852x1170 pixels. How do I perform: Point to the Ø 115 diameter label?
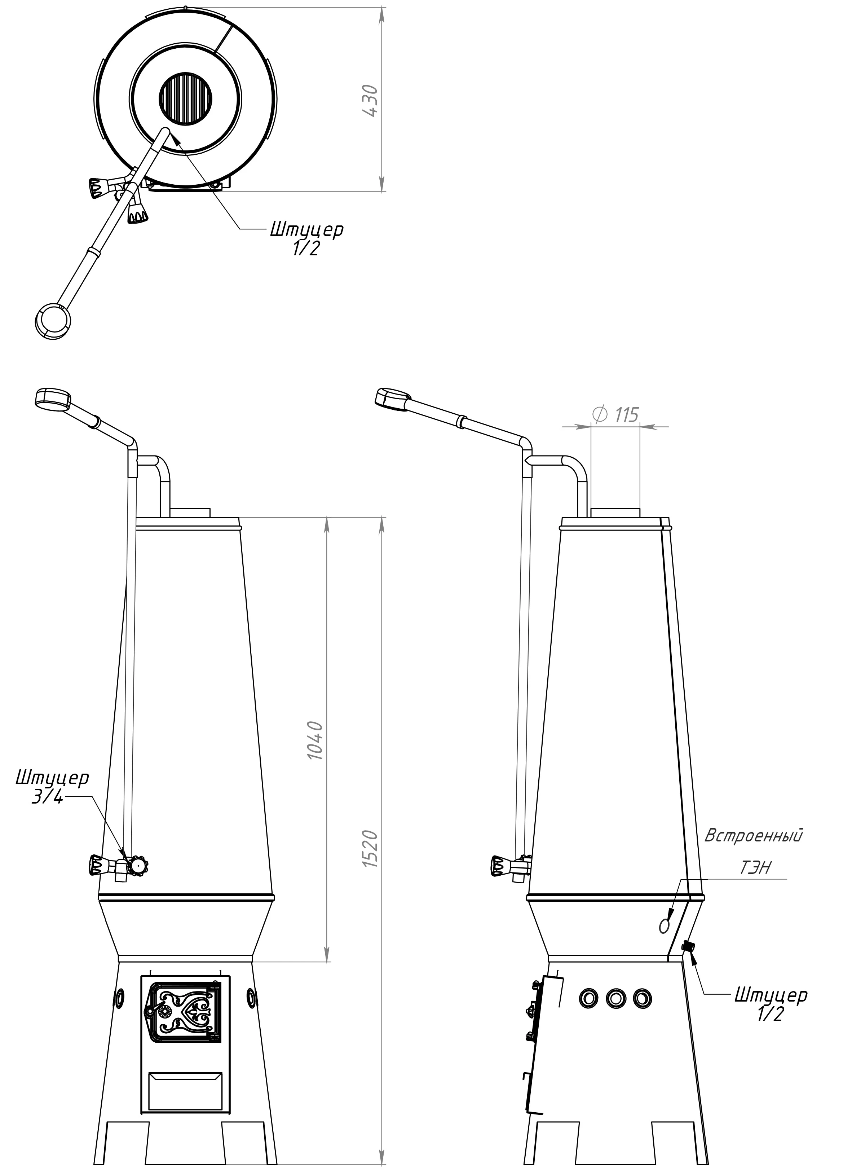616,414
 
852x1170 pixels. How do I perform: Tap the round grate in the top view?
186,98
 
